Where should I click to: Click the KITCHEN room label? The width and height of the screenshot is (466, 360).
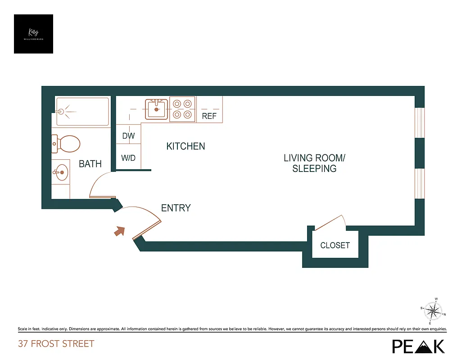(x=185, y=146)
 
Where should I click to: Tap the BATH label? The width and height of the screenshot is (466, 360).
(x=90, y=164)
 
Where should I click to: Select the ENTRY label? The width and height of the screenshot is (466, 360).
(x=176, y=208)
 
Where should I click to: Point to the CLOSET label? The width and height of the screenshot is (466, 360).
(x=335, y=245)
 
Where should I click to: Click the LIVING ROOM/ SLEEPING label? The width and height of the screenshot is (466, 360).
(x=314, y=163)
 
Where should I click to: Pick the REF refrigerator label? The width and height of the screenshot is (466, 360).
(x=209, y=116)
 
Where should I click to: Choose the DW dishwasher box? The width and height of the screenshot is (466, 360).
(x=128, y=135)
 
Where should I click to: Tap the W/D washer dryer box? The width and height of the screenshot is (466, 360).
(x=128, y=158)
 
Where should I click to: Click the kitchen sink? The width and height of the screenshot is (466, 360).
(x=157, y=109)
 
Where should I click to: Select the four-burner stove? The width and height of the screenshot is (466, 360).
(x=182, y=109)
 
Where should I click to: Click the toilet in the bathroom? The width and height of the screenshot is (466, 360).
(x=67, y=144)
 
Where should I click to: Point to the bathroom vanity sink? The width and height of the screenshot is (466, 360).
(x=60, y=171)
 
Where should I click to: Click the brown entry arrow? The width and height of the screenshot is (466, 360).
(x=119, y=231)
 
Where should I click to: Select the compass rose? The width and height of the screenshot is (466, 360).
(x=433, y=311)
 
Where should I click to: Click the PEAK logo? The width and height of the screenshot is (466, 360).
(x=418, y=346)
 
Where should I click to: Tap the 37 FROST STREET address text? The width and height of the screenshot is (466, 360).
(x=56, y=344)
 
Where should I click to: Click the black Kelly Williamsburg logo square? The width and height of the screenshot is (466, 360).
(x=33, y=34)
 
